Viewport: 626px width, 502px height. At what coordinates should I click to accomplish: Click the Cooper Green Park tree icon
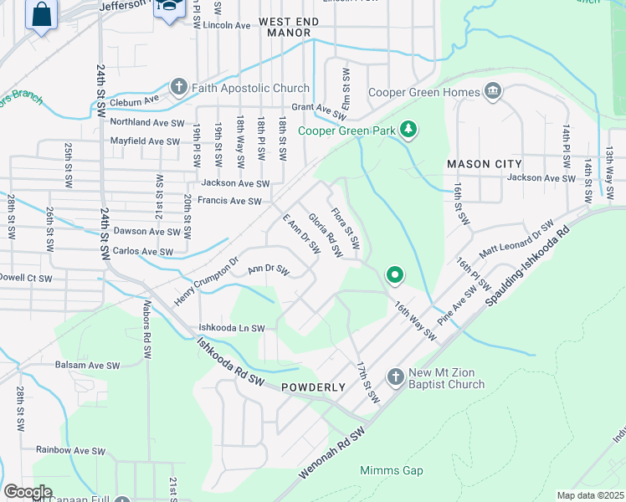(x=408, y=129)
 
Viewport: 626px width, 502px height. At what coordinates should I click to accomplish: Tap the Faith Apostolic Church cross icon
(x=177, y=87)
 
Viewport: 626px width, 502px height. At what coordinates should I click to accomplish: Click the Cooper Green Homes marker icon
(x=491, y=90)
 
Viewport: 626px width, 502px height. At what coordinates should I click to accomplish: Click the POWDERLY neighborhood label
(x=314, y=387)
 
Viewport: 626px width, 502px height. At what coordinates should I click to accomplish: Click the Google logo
(x=28, y=492)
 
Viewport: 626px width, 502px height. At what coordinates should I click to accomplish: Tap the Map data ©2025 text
(x=590, y=495)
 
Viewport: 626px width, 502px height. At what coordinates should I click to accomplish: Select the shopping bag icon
(x=40, y=14)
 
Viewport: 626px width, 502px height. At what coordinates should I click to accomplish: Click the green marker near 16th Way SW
(x=394, y=274)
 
